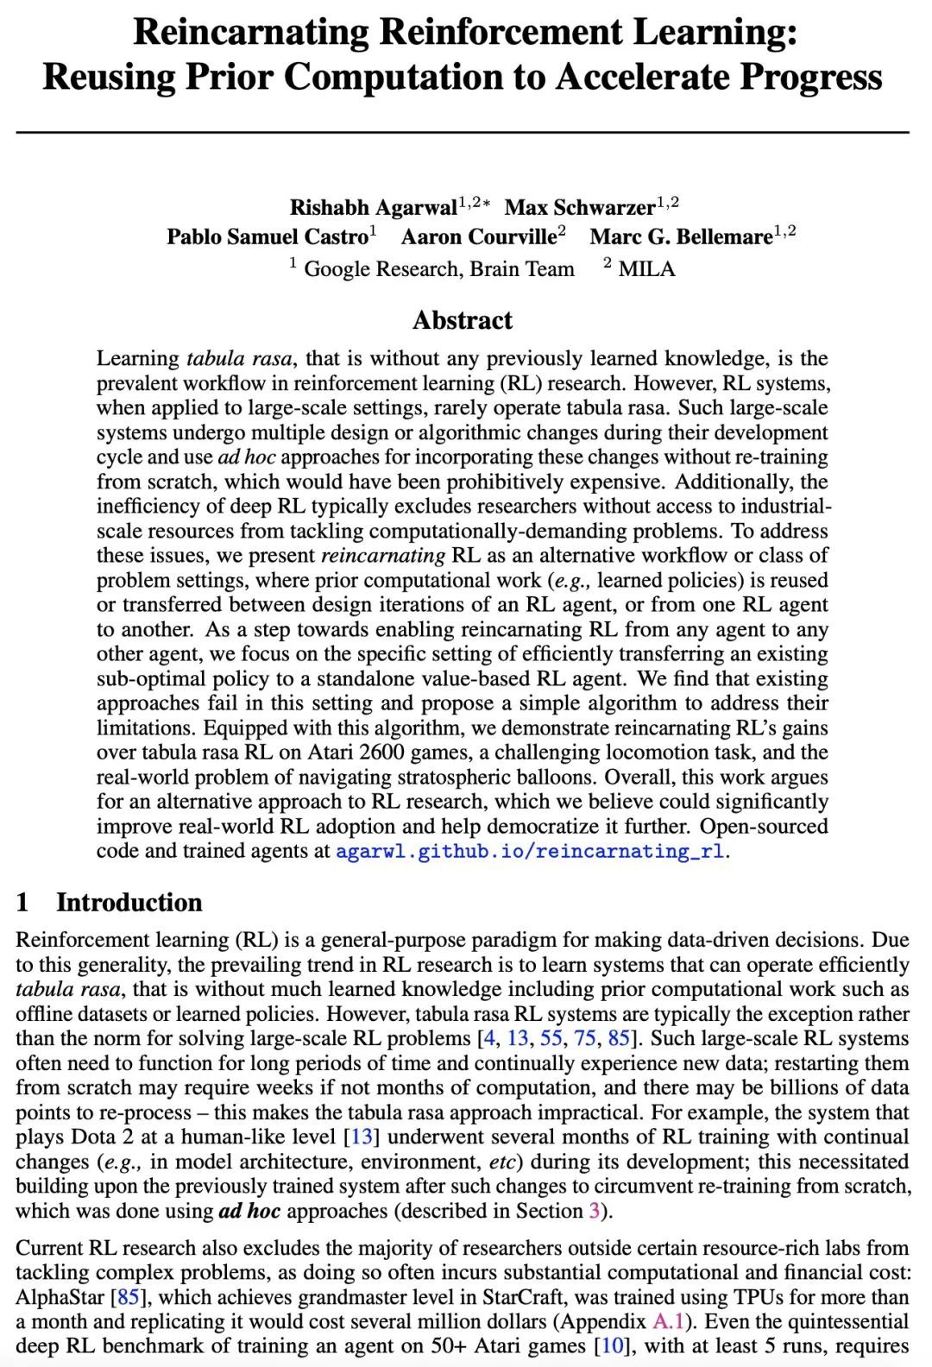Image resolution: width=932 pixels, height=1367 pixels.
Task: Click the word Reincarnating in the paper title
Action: pos(250,33)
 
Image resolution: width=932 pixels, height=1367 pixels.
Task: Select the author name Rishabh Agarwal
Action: pos(373,208)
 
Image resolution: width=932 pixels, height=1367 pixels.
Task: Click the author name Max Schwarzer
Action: pos(579,208)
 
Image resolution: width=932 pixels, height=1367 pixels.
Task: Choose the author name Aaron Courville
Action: pos(478,237)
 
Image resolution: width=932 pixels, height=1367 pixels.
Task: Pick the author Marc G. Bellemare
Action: pos(681,237)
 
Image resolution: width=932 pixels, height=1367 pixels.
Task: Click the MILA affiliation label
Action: pos(646,269)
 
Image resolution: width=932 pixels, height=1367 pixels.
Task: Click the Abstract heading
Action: pos(463,321)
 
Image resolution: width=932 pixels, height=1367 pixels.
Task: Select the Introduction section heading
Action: pos(129,903)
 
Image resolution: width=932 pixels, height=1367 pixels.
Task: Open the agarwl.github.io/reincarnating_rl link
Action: pos(530,852)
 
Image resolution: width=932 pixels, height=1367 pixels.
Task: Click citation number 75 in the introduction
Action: pos(584,1039)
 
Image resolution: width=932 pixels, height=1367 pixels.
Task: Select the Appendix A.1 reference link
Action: pos(661,1322)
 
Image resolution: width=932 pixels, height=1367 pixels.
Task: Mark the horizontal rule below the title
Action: pos(463,132)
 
